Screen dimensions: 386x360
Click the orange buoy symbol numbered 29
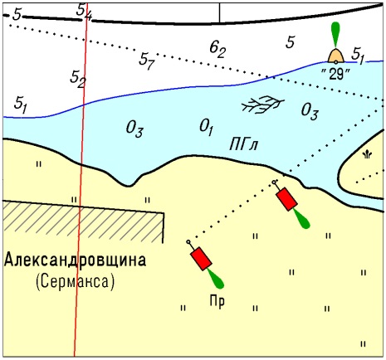336,56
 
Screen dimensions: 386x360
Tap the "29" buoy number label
335,74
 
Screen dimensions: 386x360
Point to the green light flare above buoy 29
335,34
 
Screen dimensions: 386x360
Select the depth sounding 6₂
217,50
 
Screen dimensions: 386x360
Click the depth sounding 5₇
146,61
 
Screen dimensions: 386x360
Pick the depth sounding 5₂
77,79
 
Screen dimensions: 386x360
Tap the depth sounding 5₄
84,12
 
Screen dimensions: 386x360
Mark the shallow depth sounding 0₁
207,128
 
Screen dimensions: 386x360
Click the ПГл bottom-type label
243,144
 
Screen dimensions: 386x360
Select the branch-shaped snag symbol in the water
262,105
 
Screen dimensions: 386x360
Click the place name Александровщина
75,260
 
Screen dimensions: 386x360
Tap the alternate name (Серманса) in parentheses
75,282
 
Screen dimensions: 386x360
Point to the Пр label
217,301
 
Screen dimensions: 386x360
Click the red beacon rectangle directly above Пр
201,259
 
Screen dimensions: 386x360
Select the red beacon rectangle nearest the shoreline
286,199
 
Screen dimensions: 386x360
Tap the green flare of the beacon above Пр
216,279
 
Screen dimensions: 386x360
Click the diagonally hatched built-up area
83,221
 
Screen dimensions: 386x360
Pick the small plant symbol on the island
367,155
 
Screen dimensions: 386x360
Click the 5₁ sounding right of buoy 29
358,56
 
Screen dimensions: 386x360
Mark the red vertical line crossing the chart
81,180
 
